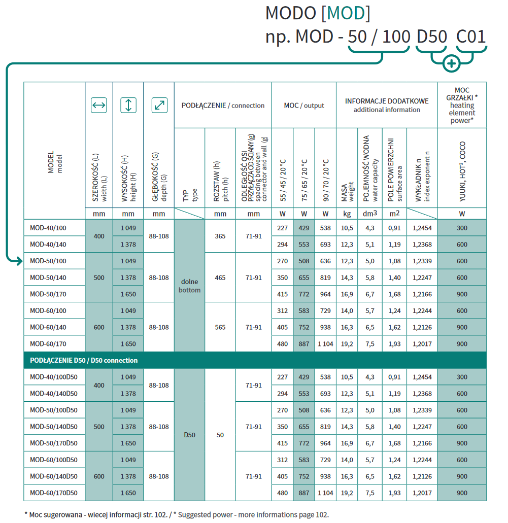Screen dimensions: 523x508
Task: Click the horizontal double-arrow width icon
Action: click(x=98, y=106)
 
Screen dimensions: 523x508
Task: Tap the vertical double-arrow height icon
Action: click(x=128, y=106)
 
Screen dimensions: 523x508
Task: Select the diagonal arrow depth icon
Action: click(x=159, y=106)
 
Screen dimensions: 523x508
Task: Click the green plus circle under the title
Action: click(x=451, y=63)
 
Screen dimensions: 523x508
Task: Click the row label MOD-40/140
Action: click(x=48, y=245)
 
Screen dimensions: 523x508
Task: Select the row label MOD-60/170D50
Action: click(x=54, y=493)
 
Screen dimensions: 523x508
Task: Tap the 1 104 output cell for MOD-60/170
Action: click(x=325, y=344)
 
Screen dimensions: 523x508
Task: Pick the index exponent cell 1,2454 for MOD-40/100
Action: click(x=422, y=228)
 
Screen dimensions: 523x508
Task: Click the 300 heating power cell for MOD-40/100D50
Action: click(x=462, y=377)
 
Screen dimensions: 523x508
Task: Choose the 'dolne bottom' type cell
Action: click(x=189, y=286)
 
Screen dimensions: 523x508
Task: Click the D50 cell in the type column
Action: click(x=189, y=435)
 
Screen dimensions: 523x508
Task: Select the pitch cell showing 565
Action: click(x=220, y=327)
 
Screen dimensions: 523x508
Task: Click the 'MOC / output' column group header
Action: click(x=303, y=106)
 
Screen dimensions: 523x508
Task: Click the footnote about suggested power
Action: click(x=173, y=514)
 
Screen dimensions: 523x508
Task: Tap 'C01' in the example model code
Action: click(x=471, y=37)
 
